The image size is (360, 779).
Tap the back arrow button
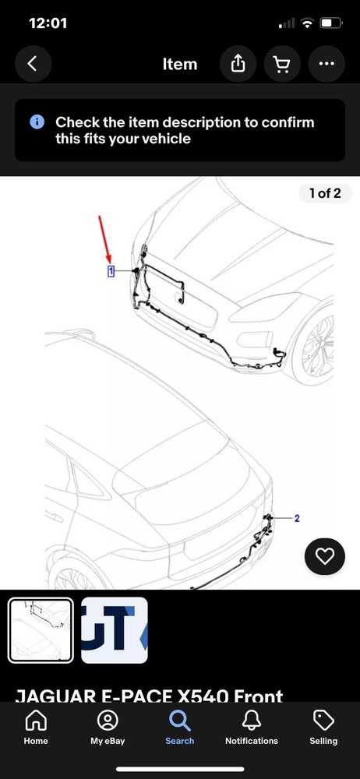click(32, 64)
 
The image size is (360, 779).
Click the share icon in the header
click(237, 64)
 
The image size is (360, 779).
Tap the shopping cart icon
click(282, 64)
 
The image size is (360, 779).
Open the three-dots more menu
click(326, 64)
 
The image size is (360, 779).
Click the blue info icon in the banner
click(37, 122)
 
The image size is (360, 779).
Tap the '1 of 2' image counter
click(325, 193)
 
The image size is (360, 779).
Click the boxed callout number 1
click(111, 271)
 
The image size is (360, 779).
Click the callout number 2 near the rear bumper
click(297, 517)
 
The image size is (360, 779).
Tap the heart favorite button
click(324, 555)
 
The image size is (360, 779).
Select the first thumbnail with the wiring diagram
click(41, 629)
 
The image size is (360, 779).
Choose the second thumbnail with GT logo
click(115, 629)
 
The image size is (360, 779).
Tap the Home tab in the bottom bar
click(36, 726)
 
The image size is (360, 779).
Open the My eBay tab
click(108, 726)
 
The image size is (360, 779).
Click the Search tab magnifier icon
click(180, 720)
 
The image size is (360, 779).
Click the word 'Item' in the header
click(179, 64)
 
